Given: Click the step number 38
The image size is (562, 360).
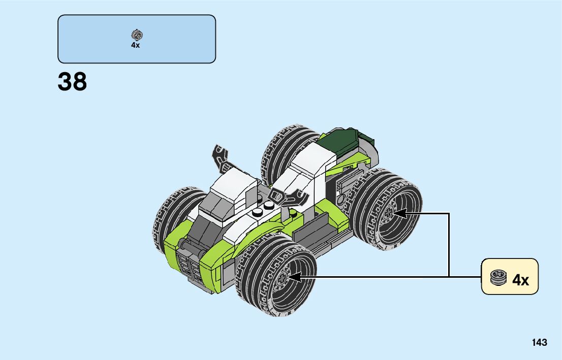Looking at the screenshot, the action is coord(72,82).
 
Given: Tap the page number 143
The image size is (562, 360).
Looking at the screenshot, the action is coord(540,342).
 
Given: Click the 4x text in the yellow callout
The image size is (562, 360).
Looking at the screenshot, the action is coord(520,280).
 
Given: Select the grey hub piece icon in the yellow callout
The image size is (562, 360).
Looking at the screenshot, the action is coord(498,278).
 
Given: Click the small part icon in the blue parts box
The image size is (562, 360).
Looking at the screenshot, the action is coord(137,35).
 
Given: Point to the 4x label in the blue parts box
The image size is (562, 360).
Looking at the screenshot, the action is coord(135,45).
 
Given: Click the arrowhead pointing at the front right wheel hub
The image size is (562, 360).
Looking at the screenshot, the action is coord(294,277).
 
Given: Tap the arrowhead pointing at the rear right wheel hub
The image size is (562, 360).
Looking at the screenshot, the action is coord(400,213).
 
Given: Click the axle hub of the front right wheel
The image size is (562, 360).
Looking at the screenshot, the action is coord(282,277).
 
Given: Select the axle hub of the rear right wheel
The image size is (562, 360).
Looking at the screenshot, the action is coord(388,214).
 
